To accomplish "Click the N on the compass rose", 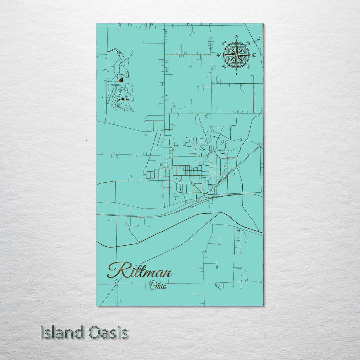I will [x=236, y=37].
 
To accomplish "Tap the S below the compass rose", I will [x=236, y=74].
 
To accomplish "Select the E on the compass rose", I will [x=254, y=55].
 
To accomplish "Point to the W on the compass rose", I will [x=218, y=55].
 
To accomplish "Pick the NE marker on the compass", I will [x=248, y=43].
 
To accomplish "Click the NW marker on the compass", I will [x=224, y=43].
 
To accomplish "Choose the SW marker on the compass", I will [x=224, y=68].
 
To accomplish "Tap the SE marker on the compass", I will [x=248, y=68].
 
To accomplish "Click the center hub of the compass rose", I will [x=236, y=55].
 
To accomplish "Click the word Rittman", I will [x=140, y=270].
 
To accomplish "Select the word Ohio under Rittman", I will [x=158, y=285].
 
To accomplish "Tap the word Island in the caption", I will [x=62, y=333].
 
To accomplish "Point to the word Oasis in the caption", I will [x=108, y=333].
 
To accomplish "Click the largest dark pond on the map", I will [x=121, y=80].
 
